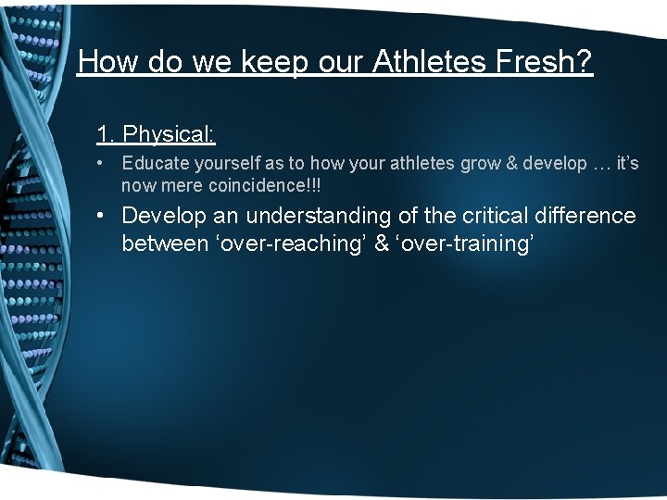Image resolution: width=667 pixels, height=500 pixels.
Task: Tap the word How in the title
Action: tap(107, 62)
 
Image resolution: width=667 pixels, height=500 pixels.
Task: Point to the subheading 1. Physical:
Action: tap(156, 134)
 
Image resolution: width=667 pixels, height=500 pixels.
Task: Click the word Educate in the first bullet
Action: tap(154, 164)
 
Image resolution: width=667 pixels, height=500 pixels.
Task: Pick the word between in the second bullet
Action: tap(165, 244)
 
